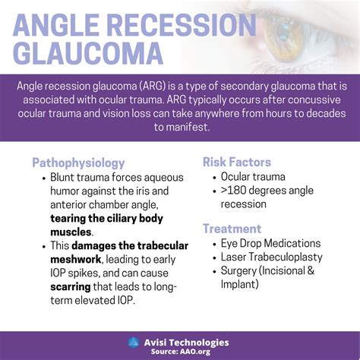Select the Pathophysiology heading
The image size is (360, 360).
coord(78,163)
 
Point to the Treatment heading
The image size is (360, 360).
coord(232,228)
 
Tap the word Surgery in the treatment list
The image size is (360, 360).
coord(239,271)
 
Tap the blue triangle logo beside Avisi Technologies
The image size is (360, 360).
coord(134,342)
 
